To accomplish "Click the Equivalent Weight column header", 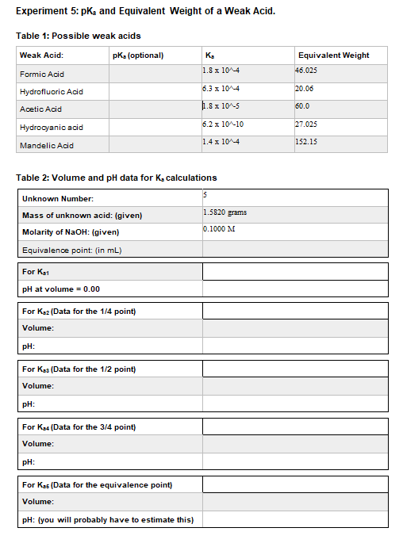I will pyautogui.click(x=333, y=55).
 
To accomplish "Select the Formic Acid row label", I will pyautogui.click(x=43, y=74).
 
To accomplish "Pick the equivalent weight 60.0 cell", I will pyautogui.click(x=302, y=106).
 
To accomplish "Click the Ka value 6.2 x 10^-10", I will pyautogui.click(x=223, y=124).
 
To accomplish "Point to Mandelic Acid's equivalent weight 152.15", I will pyautogui.click(x=306, y=141).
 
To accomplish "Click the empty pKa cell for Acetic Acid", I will pyautogui.click(x=154, y=109).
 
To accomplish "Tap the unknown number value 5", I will pyautogui.click(x=205, y=194).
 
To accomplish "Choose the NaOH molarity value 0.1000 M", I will pyautogui.click(x=221, y=230).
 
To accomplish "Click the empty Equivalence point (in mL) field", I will pyautogui.click(x=294, y=250).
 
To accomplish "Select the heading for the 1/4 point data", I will pyautogui.click(x=79, y=311).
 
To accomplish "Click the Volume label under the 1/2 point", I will pyautogui.click(x=38, y=385).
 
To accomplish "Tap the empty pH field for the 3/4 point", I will pyautogui.click(x=294, y=462).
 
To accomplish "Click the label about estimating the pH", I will pyautogui.click(x=108, y=519).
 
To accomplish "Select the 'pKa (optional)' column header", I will pyautogui.click(x=139, y=55).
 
